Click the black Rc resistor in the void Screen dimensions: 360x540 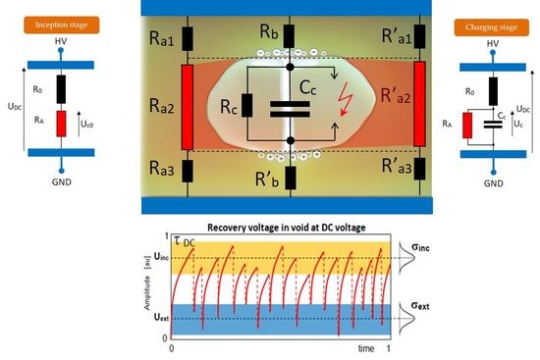247,107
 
